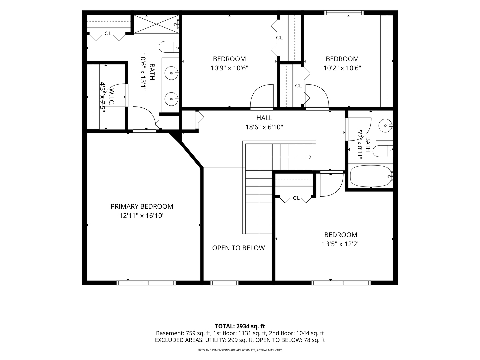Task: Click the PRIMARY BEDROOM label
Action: (142, 206)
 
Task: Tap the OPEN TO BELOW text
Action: (238, 248)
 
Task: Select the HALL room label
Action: (264, 118)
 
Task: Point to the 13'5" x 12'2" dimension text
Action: (341, 244)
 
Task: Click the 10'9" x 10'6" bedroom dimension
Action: (229, 68)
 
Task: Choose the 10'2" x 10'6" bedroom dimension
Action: (342, 68)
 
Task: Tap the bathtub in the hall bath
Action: (371, 176)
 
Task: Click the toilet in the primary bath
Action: (169, 47)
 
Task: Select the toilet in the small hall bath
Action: (383, 151)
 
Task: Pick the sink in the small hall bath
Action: (386, 126)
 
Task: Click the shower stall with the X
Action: (156, 24)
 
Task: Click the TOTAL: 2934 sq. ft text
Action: (240, 326)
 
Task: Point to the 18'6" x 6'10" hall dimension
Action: (264, 127)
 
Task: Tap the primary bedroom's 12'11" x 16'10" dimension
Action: (142, 216)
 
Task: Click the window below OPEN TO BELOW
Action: (224, 283)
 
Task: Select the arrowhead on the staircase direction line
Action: (310, 157)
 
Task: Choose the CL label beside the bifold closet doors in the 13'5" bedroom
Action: (296, 198)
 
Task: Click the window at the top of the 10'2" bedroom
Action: (344, 13)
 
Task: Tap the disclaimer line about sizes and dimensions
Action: (240, 350)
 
